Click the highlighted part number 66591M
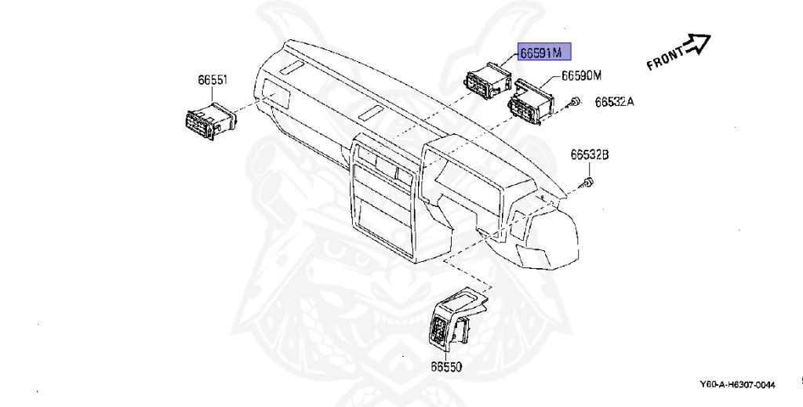tap(543, 53)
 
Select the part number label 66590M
tap(580, 75)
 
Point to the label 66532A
tap(614, 102)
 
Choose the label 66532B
tap(589, 154)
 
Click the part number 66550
tap(445, 366)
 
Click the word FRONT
tap(665, 59)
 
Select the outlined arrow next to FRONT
tap(697, 43)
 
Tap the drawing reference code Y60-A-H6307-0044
tap(737, 384)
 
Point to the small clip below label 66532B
tap(588, 183)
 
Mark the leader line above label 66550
tap(445, 351)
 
